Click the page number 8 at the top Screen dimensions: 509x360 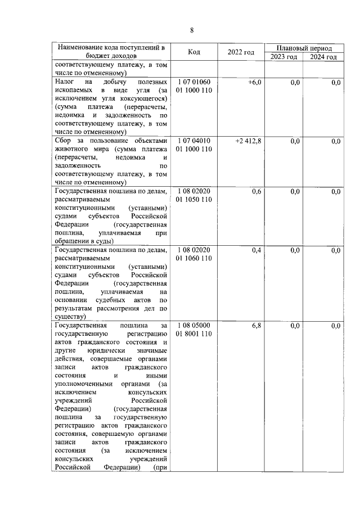click(x=191, y=30)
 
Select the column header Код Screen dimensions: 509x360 click(x=194, y=52)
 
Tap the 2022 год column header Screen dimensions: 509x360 click(x=241, y=52)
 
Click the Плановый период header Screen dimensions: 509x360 click(x=304, y=48)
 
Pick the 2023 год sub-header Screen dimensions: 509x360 click(x=283, y=57)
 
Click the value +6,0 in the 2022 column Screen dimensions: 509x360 click(x=254, y=83)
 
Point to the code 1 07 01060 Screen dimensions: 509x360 click(x=194, y=83)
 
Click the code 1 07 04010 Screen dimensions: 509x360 click(x=194, y=141)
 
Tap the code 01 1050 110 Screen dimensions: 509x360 click(x=194, y=200)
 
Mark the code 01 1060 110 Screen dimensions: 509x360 click(x=194, y=258)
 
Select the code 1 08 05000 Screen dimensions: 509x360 click(x=194, y=326)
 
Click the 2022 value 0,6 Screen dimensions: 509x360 click(x=256, y=192)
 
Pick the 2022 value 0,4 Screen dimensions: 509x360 click(x=256, y=250)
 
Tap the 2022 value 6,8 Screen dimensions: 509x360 click(x=256, y=326)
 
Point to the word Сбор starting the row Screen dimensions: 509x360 click(x=64, y=141)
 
